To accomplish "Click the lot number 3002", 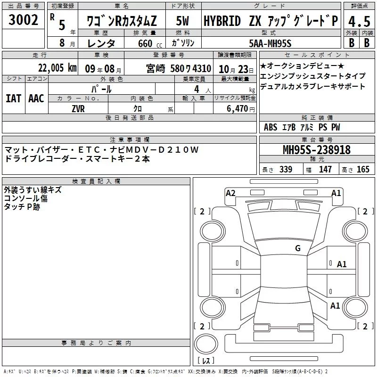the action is click(23, 20).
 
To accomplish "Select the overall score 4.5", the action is click(359, 22).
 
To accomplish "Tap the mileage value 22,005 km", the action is click(57, 68).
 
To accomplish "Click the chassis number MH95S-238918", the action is click(317, 150).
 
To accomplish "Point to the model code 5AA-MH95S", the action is click(270, 43).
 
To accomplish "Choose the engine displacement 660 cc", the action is click(150, 44).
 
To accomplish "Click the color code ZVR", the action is click(78, 109).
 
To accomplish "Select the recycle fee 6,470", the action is click(238, 109).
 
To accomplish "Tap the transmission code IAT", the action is click(14, 98).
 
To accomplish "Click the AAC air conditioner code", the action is click(36, 98).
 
